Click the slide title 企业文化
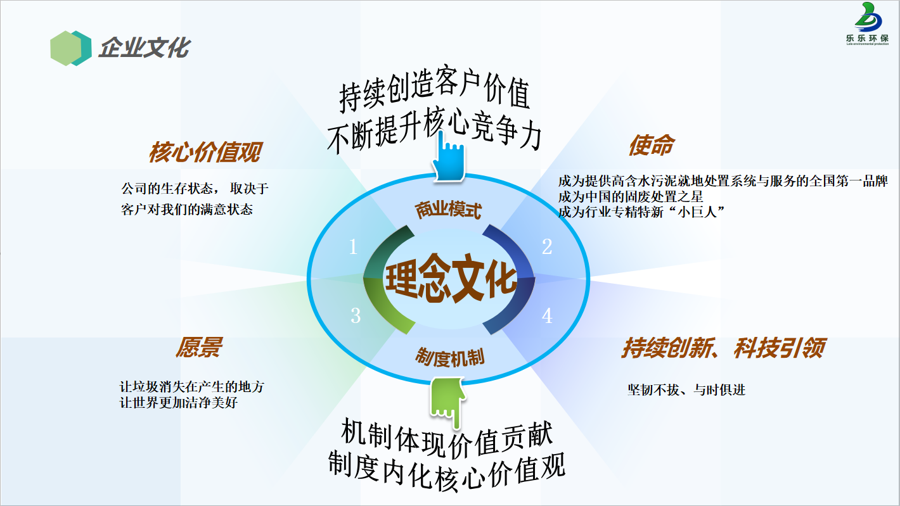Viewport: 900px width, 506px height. (145, 48)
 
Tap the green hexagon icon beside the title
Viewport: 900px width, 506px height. (71, 48)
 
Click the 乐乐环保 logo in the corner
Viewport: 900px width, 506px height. (868, 23)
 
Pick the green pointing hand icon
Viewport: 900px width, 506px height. (447, 402)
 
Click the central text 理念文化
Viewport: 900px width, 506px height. (451, 278)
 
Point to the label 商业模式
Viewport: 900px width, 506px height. (448, 210)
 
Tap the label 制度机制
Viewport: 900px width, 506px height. (449, 357)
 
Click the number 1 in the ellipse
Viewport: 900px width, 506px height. (353, 246)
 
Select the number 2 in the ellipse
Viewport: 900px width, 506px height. (547, 246)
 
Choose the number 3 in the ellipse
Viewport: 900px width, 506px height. (356, 315)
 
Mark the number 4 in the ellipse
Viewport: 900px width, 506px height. (547, 315)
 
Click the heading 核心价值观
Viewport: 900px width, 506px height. (205, 152)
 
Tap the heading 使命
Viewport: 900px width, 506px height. (652, 145)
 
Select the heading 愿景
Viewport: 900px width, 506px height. (199, 348)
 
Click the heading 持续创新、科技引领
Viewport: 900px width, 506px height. (723, 348)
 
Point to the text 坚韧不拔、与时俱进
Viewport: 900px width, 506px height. (686, 389)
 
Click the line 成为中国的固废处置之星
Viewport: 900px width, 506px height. (631, 197)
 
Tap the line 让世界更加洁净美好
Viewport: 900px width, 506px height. (178, 402)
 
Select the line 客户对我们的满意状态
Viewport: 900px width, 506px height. (187, 209)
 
